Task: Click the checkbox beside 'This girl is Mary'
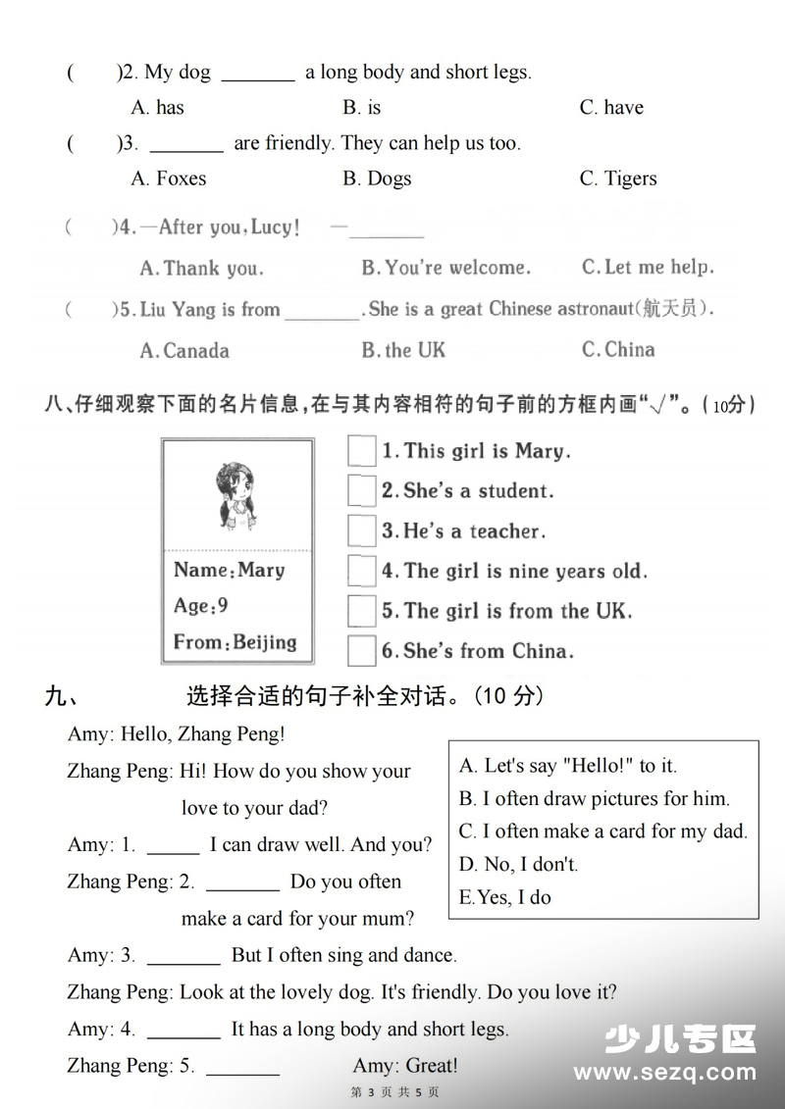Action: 362,451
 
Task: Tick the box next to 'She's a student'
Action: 362,490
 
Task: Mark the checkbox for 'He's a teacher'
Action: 362,530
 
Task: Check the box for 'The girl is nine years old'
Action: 362,571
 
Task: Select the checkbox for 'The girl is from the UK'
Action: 362,611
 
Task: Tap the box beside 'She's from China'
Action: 362,651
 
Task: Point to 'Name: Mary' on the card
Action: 229,570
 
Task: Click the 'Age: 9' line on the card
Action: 201,606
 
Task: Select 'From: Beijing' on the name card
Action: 235,642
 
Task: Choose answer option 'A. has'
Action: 157,107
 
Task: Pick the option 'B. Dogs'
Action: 377,178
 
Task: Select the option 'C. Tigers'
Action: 618,178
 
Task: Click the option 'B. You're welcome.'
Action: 445,267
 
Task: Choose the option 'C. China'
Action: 618,349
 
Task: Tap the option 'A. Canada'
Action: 184,350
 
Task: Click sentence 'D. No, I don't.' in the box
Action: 518,864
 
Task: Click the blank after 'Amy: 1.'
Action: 173,845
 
